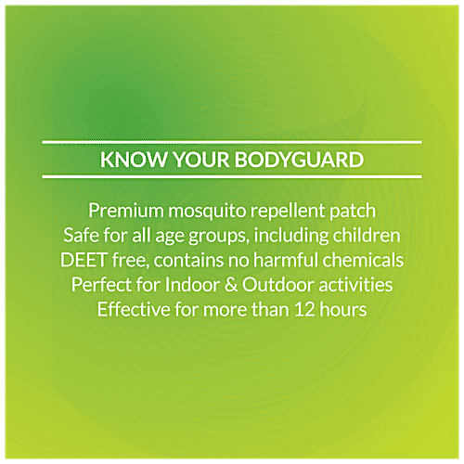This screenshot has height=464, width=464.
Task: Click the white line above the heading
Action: tap(232, 142)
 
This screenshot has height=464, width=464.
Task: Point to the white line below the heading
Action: tap(232, 176)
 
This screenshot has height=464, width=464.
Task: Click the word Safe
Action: tap(84, 235)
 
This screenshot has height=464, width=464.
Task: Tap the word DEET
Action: tap(87, 260)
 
